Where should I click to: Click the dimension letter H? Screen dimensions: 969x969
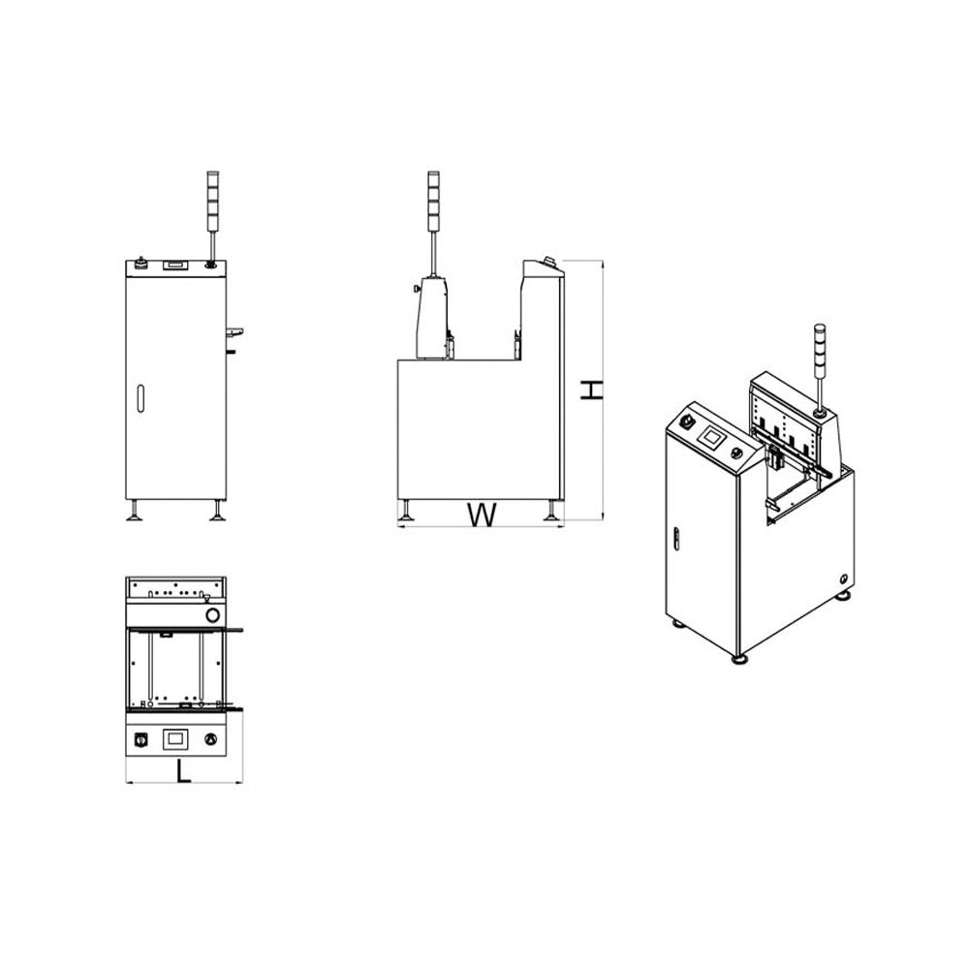[x=591, y=390]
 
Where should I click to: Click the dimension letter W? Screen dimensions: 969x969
[x=482, y=516]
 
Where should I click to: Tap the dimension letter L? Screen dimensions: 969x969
[x=183, y=771]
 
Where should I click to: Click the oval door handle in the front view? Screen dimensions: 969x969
[x=141, y=398]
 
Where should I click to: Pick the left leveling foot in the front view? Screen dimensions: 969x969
[x=134, y=511]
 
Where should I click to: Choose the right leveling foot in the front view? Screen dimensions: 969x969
[x=217, y=511]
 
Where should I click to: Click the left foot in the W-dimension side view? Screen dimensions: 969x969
[x=405, y=511]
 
